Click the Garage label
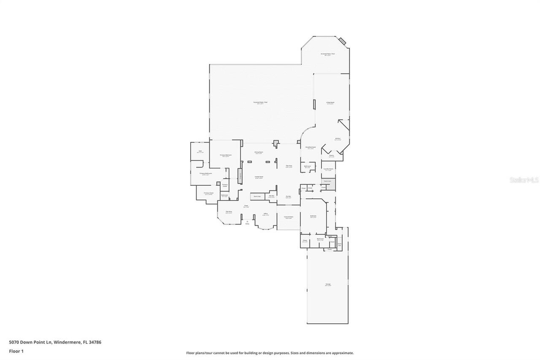pyautogui.click(x=328, y=284)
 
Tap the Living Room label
pyautogui.click(x=330, y=103)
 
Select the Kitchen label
pyautogui.click(x=337, y=138)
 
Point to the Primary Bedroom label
pyautogui.click(x=226, y=155)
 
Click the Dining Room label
pyautogui.click(x=259, y=152)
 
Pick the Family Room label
pyautogui.click(x=259, y=177)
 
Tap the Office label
pyautogui.click(x=265, y=214)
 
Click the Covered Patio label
pyautogui.click(x=289, y=217)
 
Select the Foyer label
pyautogui.click(x=246, y=206)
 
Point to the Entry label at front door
pyautogui.click(x=247, y=224)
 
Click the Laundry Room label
pyautogui.click(x=328, y=169)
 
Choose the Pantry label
pyautogui.click(x=331, y=155)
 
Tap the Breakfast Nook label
pyautogui.click(x=310, y=147)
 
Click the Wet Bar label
pyautogui.click(x=271, y=196)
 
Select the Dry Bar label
pyautogui.click(x=288, y=196)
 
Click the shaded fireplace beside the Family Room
pyautogui.click(x=240, y=176)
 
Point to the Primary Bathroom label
pyautogui.click(x=205, y=173)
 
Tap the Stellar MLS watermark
pyautogui.click(x=524, y=180)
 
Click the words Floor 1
pyautogui.click(x=16, y=351)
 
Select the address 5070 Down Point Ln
pyautogui.click(x=55, y=342)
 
